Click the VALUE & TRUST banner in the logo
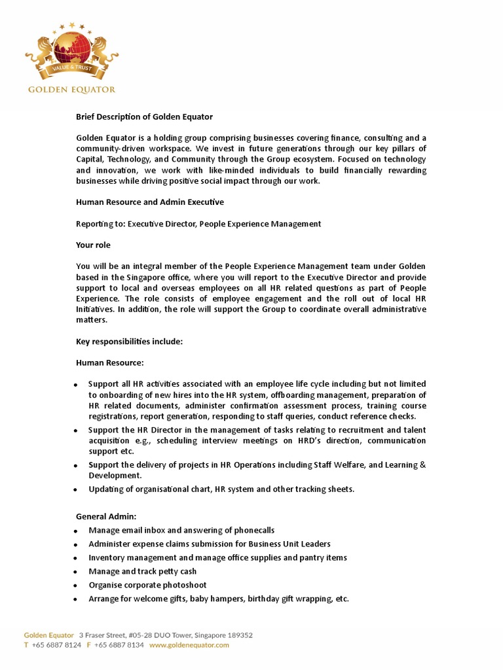(x=71, y=68)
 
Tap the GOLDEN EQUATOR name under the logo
(x=71, y=90)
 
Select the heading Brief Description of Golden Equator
(x=144, y=117)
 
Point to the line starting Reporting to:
(x=198, y=224)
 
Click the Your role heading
(x=93, y=245)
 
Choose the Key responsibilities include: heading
(x=129, y=342)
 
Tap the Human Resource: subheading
(x=110, y=362)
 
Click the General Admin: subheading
(x=106, y=517)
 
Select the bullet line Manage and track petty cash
(x=142, y=572)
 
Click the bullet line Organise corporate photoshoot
(x=147, y=586)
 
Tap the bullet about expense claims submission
(x=210, y=544)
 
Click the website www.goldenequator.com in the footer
(x=189, y=645)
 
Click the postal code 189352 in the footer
(x=239, y=635)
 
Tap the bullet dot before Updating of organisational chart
(x=76, y=490)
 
